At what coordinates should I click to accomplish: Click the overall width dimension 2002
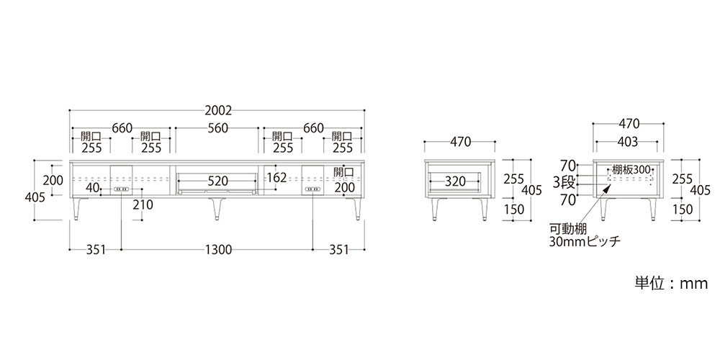click(x=218, y=111)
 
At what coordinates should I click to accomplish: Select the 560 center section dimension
click(x=217, y=128)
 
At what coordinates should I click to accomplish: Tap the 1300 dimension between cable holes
click(x=217, y=250)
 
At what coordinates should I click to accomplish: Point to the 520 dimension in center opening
click(x=217, y=181)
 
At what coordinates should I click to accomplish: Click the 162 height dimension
click(x=276, y=177)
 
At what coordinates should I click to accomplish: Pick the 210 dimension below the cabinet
click(x=143, y=204)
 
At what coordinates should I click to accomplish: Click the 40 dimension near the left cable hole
click(x=92, y=188)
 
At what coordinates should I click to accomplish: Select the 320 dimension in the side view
click(x=455, y=181)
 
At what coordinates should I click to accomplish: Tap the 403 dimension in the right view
click(x=628, y=143)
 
